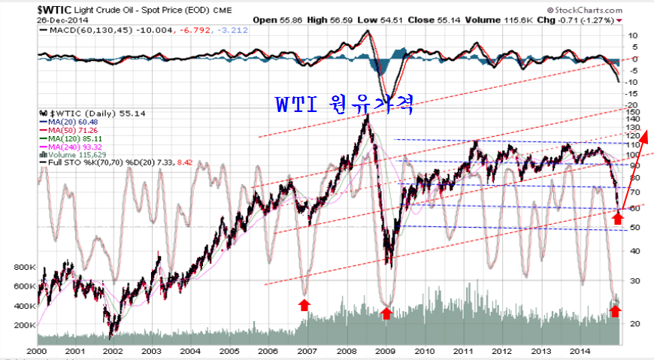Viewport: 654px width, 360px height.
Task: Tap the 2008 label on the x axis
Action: point(346,351)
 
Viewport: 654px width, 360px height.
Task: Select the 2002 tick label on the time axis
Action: point(114,351)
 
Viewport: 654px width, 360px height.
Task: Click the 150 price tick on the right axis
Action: point(634,110)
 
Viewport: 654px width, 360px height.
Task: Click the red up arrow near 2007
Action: point(304,304)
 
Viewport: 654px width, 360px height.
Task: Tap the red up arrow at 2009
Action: point(386,313)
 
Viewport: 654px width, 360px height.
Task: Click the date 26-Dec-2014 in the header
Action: point(59,20)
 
